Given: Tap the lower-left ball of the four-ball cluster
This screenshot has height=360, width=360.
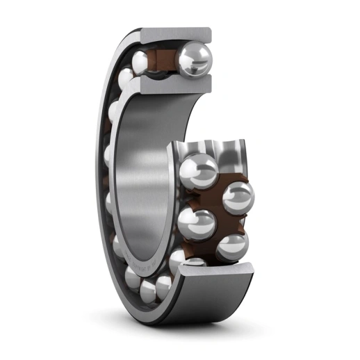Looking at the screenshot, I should click(x=195, y=224).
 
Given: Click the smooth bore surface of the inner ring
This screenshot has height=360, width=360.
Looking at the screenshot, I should click(x=142, y=181).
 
